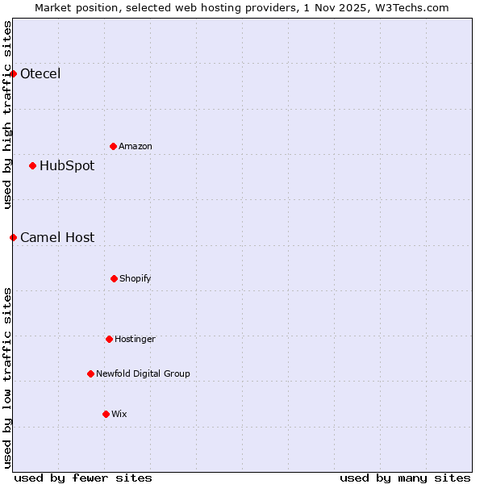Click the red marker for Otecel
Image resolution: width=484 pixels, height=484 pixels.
[x=13, y=74]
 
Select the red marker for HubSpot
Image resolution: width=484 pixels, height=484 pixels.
[x=32, y=166]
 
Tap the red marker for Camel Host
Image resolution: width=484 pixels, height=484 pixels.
[x=13, y=237]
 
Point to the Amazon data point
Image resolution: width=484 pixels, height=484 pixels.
[x=113, y=146]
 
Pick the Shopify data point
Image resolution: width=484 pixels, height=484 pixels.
[x=114, y=278]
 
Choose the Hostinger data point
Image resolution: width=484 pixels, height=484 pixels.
[x=109, y=339]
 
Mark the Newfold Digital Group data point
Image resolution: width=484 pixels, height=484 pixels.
[x=90, y=373]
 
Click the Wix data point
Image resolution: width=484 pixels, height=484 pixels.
[x=106, y=414]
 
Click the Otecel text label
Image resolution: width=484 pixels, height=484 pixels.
[x=40, y=74]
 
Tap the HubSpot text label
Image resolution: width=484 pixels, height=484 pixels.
[x=67, y=166]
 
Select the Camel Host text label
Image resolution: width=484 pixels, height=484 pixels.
[x=57, y=237]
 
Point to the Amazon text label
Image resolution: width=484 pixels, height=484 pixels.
[x=136, y=146]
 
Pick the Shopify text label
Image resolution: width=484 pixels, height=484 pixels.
[x=136, y=278]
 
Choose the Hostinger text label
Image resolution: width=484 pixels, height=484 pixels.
[x=135, y=339]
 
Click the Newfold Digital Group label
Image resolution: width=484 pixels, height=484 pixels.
[x=143, y=373]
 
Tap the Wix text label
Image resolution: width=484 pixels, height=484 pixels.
[x=119, y=414]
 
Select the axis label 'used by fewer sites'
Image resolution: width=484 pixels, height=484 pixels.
[x=83, y=478]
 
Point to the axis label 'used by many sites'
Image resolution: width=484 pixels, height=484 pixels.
[x=405, y=478]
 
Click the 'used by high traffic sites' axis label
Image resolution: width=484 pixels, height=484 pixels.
[x=7, y=115]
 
